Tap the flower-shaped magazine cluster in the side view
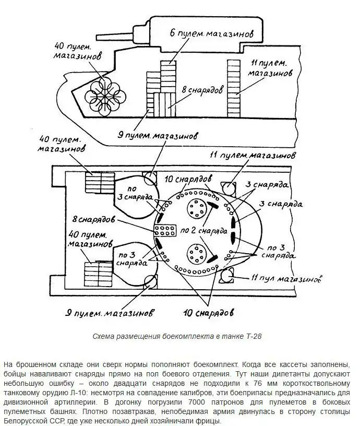coord(103,95)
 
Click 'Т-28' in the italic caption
coord(252,337)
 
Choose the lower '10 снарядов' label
coord(208,313)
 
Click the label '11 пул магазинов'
coord(285,278)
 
